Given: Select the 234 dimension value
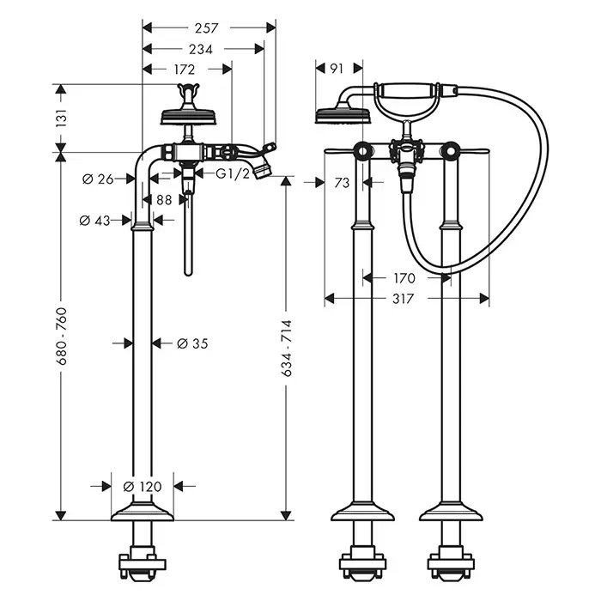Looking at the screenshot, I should click(x=201, y=48).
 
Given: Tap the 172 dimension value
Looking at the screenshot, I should click(x=184, y=69).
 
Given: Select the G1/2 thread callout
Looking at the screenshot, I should click(x=232, y=173).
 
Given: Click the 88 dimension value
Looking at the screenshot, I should click(x=164, y=200).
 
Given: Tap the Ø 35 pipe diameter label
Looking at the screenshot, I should click(x=192, y=343).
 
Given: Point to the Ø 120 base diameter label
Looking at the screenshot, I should click(x=143, y=487).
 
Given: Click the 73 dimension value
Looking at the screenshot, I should click(x=340, y=182).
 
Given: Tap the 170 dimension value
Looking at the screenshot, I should click(x=404, y=278).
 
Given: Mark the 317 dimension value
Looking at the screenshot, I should click(x=404, y=299).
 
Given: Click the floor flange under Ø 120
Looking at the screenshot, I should click(x=143, y=512).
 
